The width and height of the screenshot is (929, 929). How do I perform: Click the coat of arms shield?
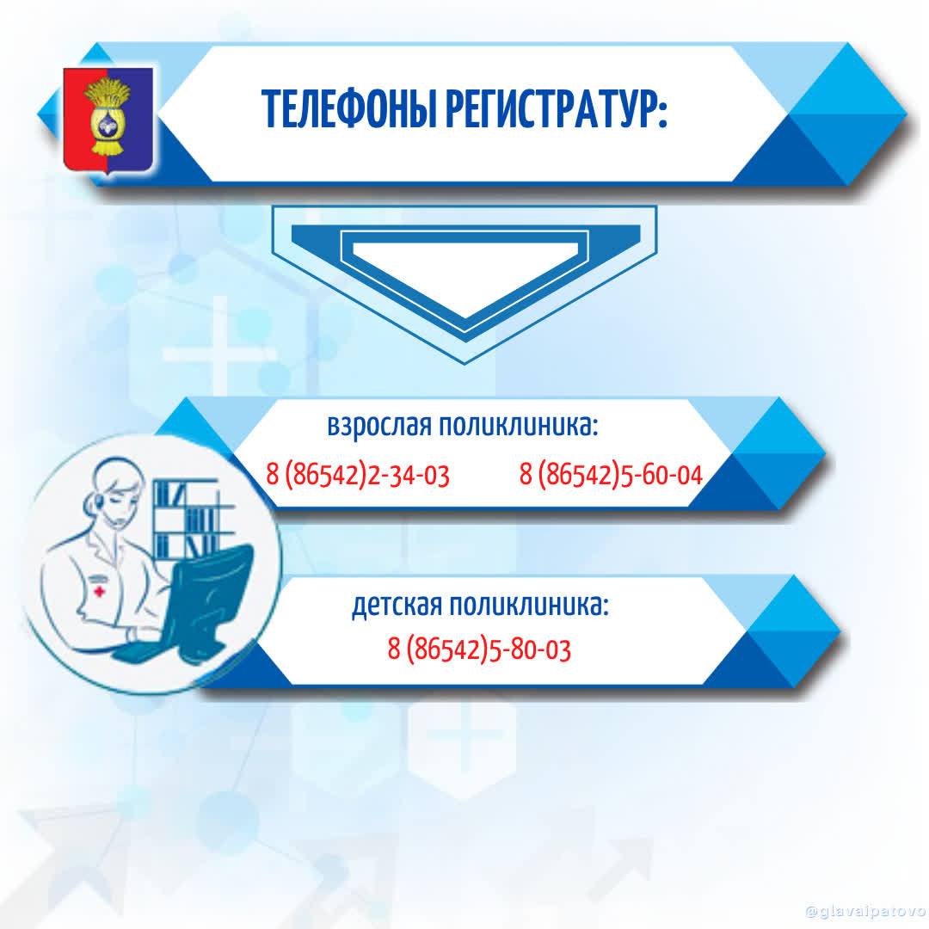click(108, 121)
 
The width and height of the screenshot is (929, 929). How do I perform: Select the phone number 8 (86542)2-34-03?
click(358, 475)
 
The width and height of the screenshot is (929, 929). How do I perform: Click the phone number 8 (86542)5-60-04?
click(611, 475)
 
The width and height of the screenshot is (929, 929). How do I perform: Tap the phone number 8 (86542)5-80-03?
click(479, 649)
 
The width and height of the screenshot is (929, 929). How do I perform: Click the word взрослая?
click(379, 426)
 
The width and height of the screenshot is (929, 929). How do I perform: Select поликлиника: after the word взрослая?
click(519, 425)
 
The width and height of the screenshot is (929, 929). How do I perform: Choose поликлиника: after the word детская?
click(529, 605)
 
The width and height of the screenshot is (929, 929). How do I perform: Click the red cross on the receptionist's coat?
click(100, 591)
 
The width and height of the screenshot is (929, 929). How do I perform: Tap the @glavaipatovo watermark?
click(865, 911)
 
